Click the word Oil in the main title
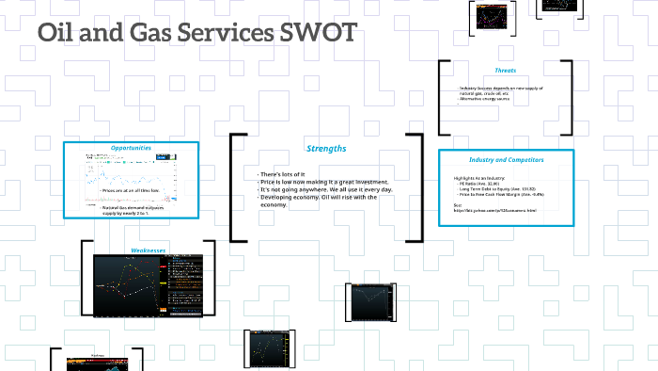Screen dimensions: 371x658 (59, 33)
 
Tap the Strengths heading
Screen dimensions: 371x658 (326, 149)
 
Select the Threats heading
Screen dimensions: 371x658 (505, 71)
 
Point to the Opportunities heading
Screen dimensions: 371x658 (131, 148)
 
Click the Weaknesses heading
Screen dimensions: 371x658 (148, 250)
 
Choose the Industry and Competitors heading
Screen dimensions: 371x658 (506, 159)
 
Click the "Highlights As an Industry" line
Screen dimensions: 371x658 (479, 178)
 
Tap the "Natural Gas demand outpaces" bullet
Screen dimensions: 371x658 (136, 210)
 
